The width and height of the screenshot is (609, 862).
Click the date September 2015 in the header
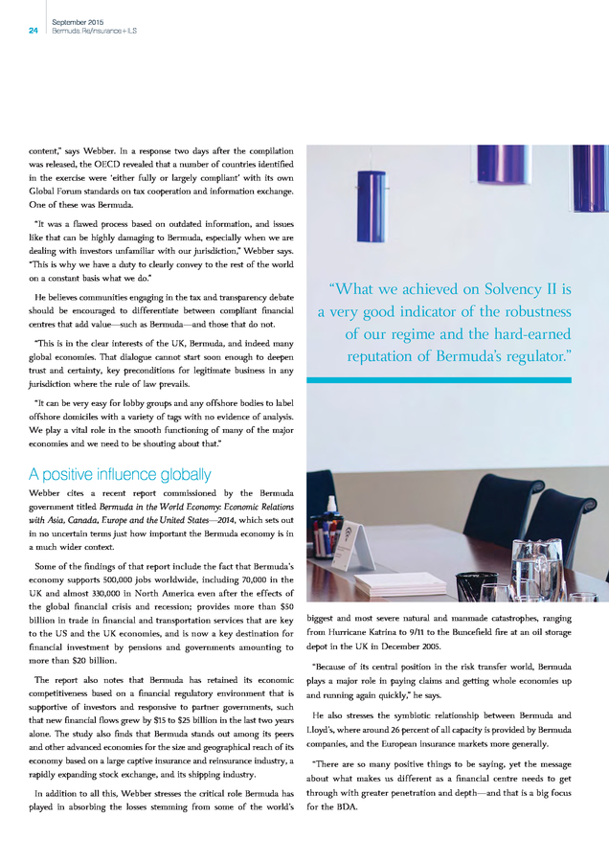pos(79,21)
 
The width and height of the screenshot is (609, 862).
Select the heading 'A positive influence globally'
pos(120,474)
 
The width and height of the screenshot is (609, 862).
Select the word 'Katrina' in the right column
pos(395,633)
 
